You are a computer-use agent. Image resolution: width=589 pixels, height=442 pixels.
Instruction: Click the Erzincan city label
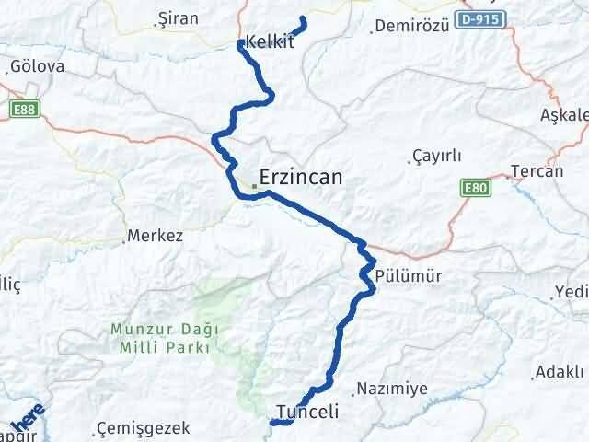tap(302, 178)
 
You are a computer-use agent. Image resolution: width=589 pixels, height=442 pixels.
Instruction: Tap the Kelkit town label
tap(271, 41)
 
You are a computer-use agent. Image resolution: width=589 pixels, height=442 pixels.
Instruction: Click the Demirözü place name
tap(414, 26)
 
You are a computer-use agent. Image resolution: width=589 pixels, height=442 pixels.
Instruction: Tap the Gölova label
tap(37, 67)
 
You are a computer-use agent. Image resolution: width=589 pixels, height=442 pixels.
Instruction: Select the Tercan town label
tap(537, 172)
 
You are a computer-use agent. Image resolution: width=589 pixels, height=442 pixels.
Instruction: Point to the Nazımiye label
tap(391, 389)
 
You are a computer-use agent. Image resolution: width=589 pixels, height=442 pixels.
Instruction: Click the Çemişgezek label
tap(144, 428)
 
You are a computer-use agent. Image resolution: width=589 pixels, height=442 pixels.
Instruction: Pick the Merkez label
tap(156, 236)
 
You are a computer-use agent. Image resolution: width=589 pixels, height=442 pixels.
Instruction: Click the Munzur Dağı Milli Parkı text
tap(162, 337)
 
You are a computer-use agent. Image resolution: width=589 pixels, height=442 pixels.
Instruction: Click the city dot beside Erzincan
tap(255, 187)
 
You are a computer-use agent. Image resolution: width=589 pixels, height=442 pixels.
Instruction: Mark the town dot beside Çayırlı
tap(410, 164)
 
